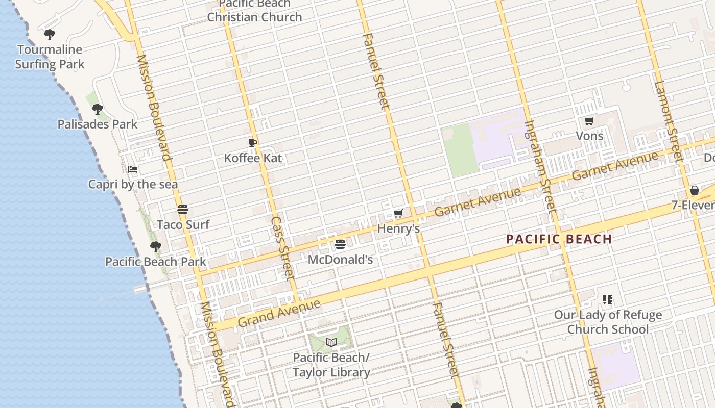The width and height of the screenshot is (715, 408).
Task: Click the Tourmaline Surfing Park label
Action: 50,57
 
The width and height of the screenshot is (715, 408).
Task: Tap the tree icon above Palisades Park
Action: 97,109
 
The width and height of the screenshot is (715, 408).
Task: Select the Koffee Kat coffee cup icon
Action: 252,143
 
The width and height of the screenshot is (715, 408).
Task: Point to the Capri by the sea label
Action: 133,184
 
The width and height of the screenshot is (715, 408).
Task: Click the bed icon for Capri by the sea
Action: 133,169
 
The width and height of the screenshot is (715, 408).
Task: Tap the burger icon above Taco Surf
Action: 183,210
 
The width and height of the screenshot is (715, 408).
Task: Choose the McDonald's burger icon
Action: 340,244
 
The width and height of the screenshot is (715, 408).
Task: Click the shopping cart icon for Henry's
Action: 398,213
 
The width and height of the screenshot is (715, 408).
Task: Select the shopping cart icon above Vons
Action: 589,121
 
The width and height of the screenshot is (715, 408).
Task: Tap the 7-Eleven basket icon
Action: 694,191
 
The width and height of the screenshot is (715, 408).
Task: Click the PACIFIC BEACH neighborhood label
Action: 559,239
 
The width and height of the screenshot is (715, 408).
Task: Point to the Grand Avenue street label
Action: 279,313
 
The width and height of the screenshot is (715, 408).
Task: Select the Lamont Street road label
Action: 668,122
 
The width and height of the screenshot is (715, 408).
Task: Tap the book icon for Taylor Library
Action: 331,342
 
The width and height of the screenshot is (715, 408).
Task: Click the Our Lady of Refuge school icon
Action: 607,300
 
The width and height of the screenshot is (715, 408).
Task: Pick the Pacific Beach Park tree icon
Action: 155,247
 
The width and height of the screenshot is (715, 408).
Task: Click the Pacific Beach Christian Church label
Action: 254,11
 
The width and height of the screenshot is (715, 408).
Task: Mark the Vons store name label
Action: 589,136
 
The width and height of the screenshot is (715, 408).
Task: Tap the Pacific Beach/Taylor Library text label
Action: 331,365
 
